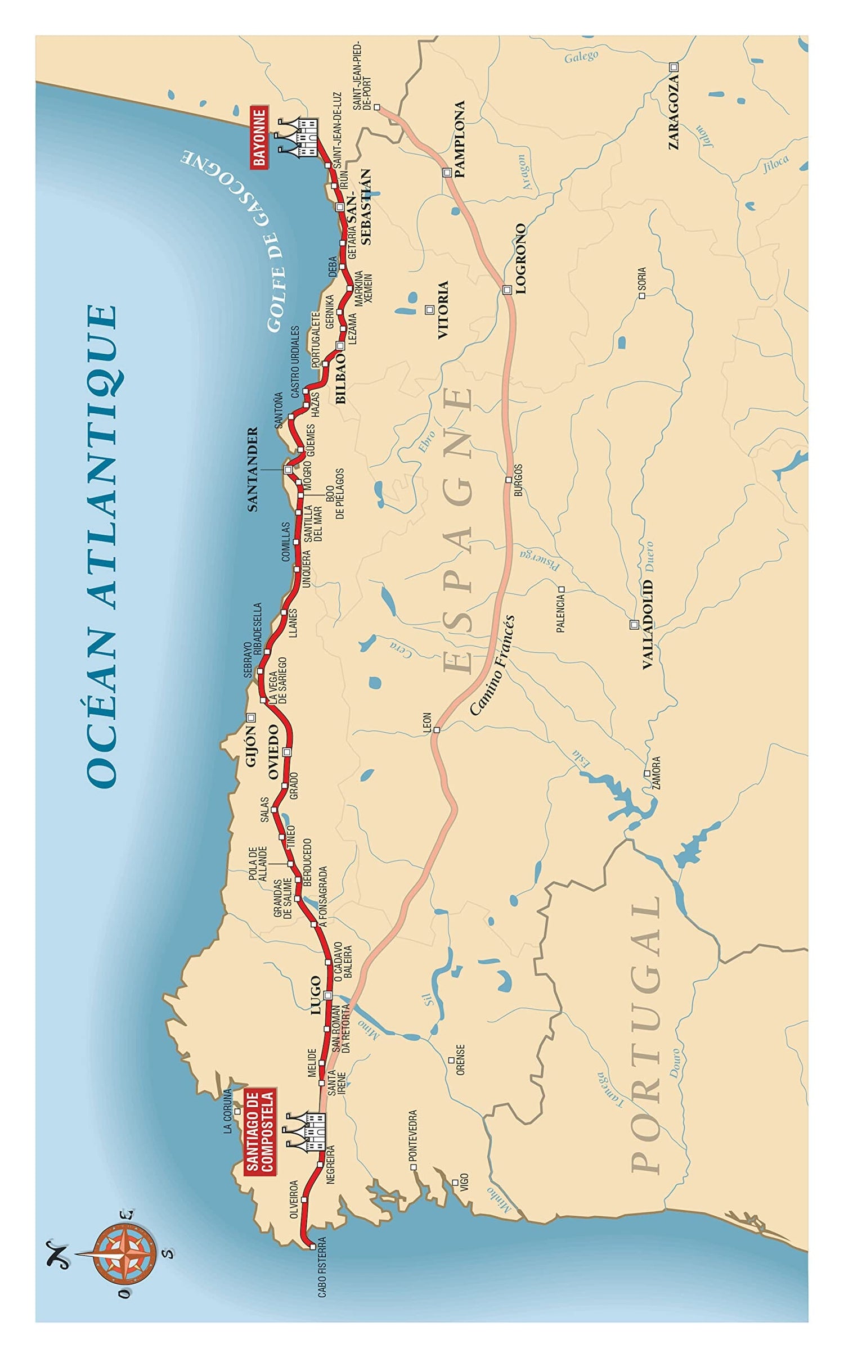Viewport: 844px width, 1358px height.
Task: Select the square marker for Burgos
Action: click(x=509, y=480)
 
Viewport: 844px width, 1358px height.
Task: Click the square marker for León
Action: click(x=436, y=730)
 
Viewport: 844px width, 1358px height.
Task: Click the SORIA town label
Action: click(x=642, y=282)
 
